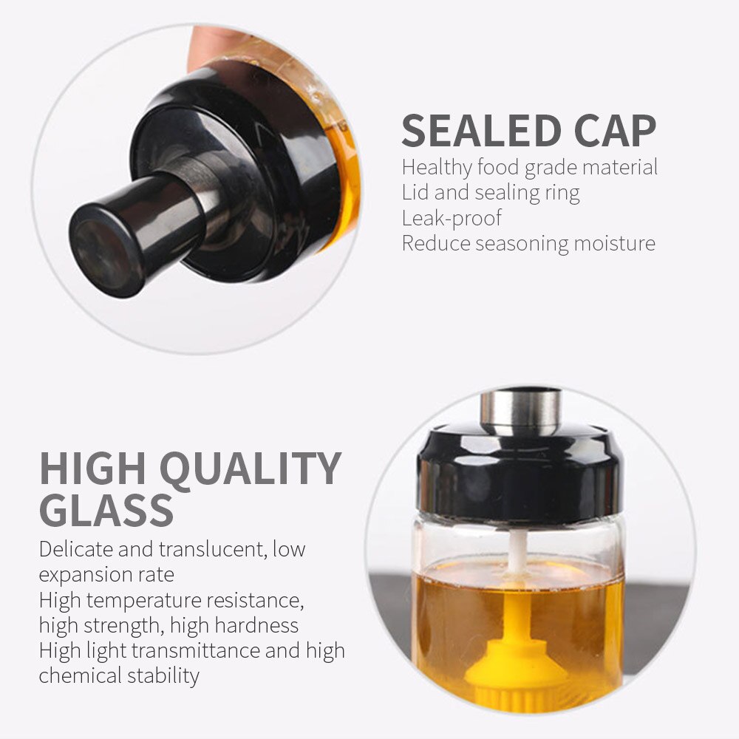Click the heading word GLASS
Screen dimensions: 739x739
[106, 510]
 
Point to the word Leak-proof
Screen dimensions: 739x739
[452, 218]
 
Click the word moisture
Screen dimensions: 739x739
[615, 243]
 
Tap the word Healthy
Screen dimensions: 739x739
[437, 168]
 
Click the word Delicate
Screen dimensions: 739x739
[75, 549]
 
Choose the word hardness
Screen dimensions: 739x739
[257, 625]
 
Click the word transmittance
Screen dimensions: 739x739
[196, 651]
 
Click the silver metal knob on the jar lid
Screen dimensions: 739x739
[520, 411]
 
